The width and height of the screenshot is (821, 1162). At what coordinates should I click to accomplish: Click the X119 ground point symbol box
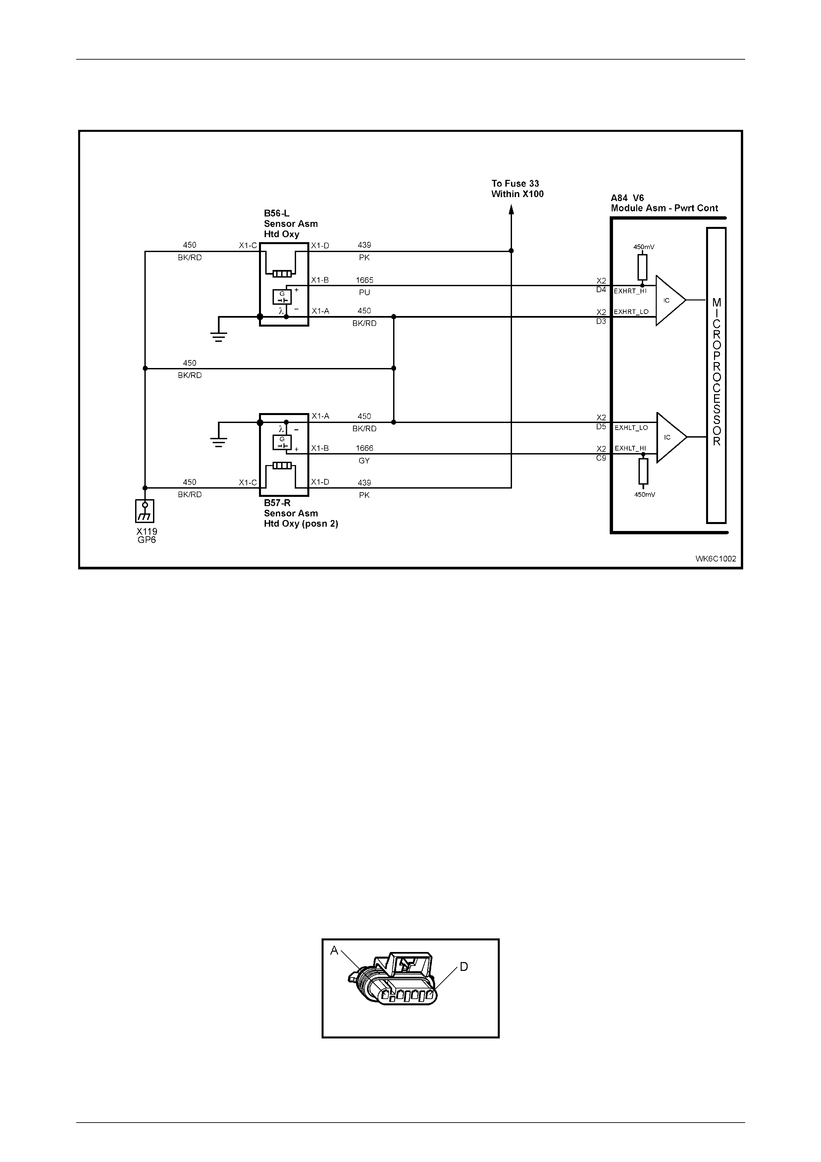click(145, 511)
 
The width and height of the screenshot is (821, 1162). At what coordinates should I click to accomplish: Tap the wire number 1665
click(364, 280)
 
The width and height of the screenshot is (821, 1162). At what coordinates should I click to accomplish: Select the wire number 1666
click(364, 449)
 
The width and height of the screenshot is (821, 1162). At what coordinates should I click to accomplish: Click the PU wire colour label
click(364, 292)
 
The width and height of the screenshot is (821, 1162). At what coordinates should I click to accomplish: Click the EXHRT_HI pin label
click(630, 291)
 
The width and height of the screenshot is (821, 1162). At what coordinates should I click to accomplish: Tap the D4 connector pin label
click(601, 290)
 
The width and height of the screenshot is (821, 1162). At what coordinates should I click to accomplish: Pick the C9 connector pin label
click(601, 458)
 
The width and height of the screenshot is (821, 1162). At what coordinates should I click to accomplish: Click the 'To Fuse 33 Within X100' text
click(517, 189)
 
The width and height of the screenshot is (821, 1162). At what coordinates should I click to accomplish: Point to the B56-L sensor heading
click(291, 224)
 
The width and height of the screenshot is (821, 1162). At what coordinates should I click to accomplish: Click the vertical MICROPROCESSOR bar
click(716, 375)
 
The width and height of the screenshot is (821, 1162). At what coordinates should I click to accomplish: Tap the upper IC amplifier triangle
click(669, 301)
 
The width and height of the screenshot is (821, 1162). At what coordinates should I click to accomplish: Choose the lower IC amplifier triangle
click(670, 437)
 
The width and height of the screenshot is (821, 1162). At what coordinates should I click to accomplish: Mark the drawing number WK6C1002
click(716, 559)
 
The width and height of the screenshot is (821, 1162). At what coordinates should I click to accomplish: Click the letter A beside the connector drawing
click(334, 951)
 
